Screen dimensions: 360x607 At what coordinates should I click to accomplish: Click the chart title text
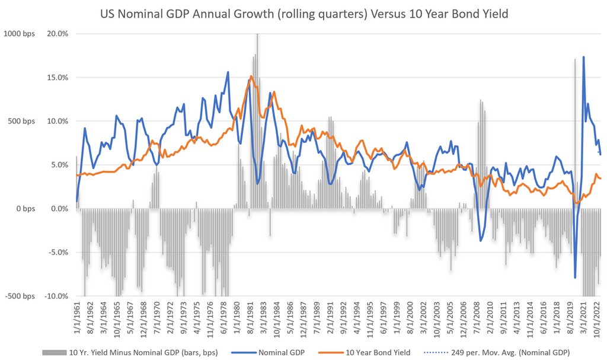(303, 13)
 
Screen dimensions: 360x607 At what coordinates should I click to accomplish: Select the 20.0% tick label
(57, 34)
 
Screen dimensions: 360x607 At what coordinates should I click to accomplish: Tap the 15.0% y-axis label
(57, 78)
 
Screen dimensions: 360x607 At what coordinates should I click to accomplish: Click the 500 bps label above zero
(21, 122)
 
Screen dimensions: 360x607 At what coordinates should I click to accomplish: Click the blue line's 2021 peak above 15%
(584, 57)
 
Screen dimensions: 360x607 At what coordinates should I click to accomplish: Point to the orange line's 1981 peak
(251, 76)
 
